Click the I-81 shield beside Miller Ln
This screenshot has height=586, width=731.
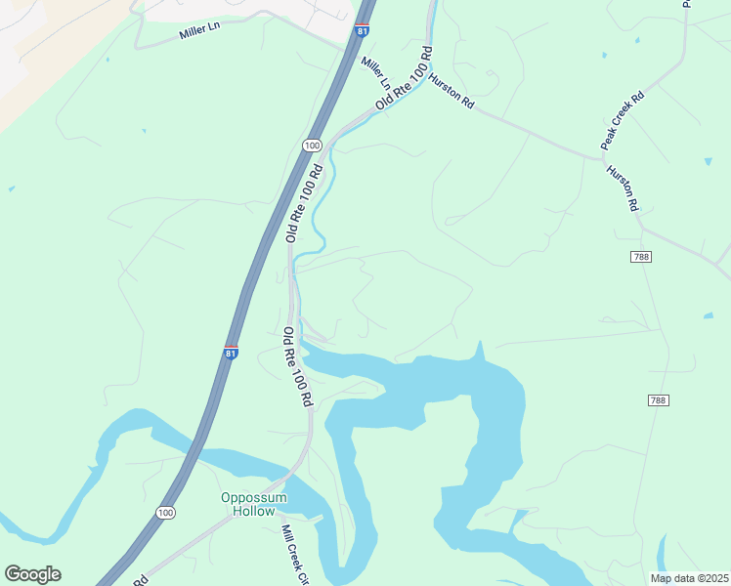tap(363, 30)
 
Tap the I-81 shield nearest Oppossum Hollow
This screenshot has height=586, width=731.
tap(231, 353)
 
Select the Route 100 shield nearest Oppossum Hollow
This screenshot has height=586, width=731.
tap(166, 512)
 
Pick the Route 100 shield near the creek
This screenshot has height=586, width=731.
tap(312, 146)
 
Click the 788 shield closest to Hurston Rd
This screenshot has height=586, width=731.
tap(641, 256)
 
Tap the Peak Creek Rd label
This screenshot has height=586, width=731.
tap(623, 121)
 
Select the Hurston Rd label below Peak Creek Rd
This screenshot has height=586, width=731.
tap(622, 187)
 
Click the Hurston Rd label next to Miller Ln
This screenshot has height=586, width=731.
tap(451, 87)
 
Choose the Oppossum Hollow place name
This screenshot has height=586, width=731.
tap(254, 504)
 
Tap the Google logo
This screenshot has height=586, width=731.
tap(32, 574)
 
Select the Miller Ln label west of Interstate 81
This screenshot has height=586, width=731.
tap(200, 32)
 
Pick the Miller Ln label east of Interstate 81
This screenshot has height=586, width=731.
tap(375, 71)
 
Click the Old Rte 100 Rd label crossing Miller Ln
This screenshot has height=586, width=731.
tap(404, 77)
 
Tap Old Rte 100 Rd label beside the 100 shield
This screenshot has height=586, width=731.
tap(304, 203)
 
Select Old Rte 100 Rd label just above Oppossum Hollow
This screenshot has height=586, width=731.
tap(297, 366)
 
